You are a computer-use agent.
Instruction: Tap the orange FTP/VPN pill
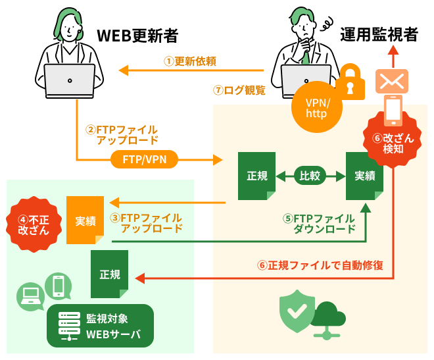145,159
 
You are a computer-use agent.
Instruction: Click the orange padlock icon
351,80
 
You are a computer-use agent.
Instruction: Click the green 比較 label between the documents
309,176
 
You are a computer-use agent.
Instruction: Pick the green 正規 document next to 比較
256,176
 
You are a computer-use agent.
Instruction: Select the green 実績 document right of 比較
364,176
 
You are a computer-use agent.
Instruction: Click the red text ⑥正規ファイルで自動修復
320,266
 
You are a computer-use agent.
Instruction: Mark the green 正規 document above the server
110,273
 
